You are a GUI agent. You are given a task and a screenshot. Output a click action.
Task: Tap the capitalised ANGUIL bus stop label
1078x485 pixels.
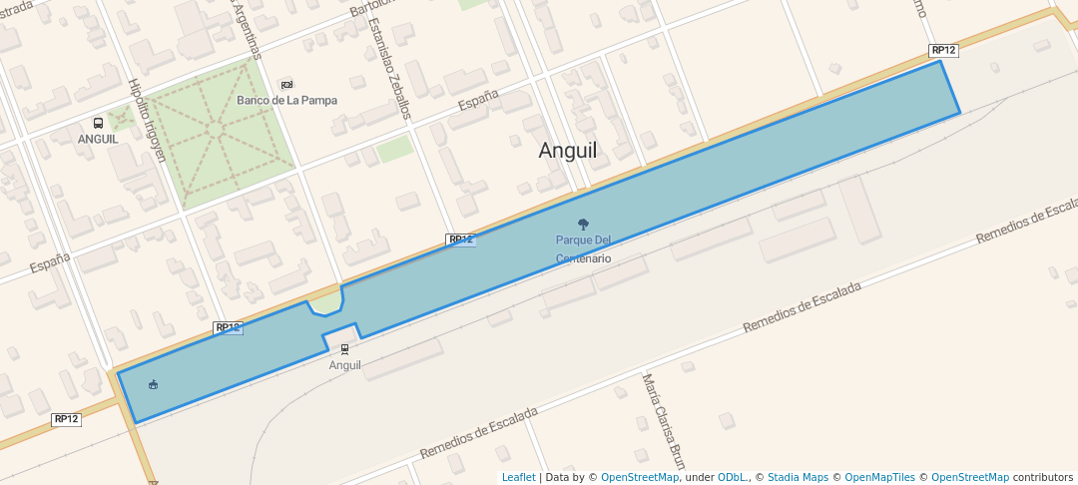(x=98, y=139)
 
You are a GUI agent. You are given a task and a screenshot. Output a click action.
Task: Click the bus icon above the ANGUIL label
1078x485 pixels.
(x=98, y=123)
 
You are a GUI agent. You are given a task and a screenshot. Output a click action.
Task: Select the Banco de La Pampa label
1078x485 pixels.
(x=286, y=100)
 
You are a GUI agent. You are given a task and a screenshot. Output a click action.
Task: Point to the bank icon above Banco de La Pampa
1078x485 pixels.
(x=287, y=84)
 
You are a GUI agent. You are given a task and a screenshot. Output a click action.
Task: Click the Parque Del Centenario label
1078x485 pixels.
(x=583, y=249)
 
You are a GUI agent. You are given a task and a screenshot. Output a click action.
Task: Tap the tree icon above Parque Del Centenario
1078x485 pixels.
(x=583, y=225)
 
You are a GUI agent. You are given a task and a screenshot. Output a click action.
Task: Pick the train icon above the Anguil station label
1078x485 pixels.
(x=345, y=349)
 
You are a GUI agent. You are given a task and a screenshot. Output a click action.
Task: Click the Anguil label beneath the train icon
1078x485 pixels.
(x=345, y=365)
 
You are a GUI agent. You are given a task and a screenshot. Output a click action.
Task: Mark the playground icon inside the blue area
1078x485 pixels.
(x=153, y=385)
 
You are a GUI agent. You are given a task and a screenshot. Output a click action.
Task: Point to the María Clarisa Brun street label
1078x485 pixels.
(x=665, y=423)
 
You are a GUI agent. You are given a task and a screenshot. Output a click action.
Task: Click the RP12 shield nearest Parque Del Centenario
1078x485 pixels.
(x=460, y=240)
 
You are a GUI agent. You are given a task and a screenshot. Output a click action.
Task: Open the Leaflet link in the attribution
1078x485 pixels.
(x=518, y=477)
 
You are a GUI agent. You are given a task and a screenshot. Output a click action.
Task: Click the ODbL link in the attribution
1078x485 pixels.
(x=733, y=477)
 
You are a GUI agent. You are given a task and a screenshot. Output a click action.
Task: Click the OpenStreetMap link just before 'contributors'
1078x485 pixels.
(x=969, y=477)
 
